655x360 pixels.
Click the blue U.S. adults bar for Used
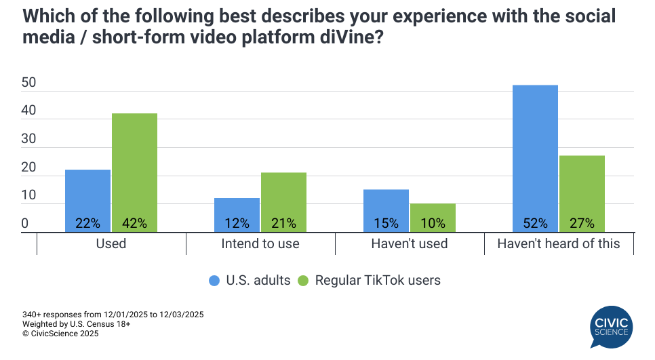[x=87, y=197]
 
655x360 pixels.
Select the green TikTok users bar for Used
[x=134, y=169]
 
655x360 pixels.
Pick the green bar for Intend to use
[x=283, y=197]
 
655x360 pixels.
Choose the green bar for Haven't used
[x=433, y=213]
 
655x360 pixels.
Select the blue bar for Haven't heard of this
[x=535, y=156]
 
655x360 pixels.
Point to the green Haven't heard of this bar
[x=582, y=190]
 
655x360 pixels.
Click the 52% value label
[x=535, y=223]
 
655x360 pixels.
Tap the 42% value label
[x=134, y=223]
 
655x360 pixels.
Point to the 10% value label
[x=433, y=223]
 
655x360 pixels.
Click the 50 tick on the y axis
[x=28, y=83]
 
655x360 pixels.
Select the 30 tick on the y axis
[x=28, y=140]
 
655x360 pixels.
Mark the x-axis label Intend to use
[x=260, y=243]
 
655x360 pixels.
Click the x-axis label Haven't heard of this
[x=559, y=243]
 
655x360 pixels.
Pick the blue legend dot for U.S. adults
[x=215, y=280]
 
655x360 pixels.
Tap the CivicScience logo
[x=610, y=327]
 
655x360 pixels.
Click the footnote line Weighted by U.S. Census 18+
[x=76, y=324]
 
